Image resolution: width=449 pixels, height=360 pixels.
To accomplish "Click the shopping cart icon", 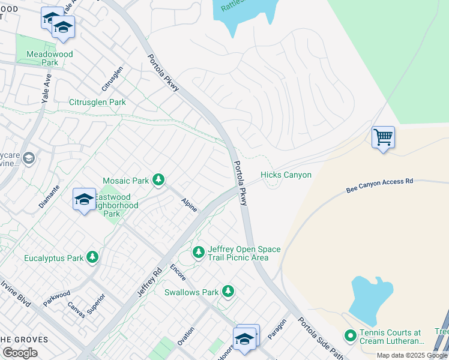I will pos(383,137).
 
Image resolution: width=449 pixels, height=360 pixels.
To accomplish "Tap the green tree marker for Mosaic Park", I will pos(158,180).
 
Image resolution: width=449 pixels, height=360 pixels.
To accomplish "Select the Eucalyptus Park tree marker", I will pos(92,257).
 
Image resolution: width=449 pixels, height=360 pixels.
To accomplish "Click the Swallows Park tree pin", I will pos(228,292).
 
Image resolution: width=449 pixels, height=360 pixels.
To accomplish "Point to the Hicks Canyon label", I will pos(286,175).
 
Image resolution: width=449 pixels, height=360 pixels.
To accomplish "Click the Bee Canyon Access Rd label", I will pos(380,185).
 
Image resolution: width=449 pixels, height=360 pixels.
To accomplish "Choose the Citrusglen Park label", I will pos(97,103).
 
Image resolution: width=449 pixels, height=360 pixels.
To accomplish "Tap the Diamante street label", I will pos(50,196).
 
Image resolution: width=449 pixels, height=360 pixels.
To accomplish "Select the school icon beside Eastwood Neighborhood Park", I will pos(84,200).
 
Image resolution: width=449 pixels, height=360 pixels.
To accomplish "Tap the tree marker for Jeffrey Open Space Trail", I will pos(199,253).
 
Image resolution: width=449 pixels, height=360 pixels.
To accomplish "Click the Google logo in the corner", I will pos(20,352).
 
